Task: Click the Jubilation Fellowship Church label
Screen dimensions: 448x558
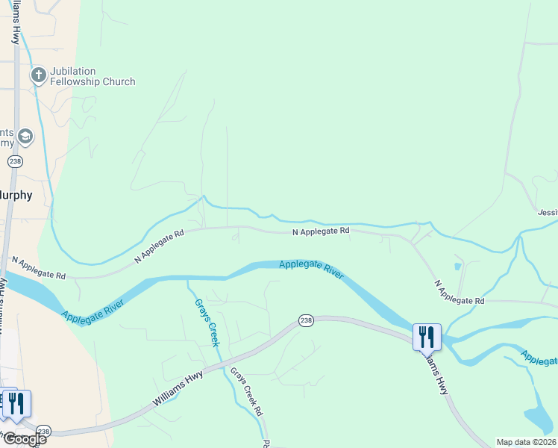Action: pyautogui.click(x=93, y=76)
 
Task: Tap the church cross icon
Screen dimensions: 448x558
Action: pyautogui.click(x=38, y=75)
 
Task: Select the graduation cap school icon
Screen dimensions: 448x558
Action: pyautogui.click(x=25, y=137)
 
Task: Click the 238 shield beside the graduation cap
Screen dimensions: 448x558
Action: pyautogui.click(x=15, y=161)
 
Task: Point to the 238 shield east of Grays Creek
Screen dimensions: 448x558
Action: pyautogui.click(x=306, y=320)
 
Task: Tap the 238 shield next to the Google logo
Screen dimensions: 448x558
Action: pyautogui.click(x=44, y=431)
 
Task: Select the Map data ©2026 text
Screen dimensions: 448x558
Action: pyautogui.click(x=527, y=442)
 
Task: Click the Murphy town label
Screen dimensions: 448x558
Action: pyautogui.click(x=16, y=195)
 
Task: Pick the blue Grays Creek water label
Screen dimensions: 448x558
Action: pyautogui.click(x=207, y=322)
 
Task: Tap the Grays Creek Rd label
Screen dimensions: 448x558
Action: pyautogui.click(x=246, y=391)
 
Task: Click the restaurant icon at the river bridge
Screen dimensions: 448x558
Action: pyautogui.click(x=427, y=337)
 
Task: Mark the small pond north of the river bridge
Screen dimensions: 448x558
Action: pyautogui.click(x=457, y=266)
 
